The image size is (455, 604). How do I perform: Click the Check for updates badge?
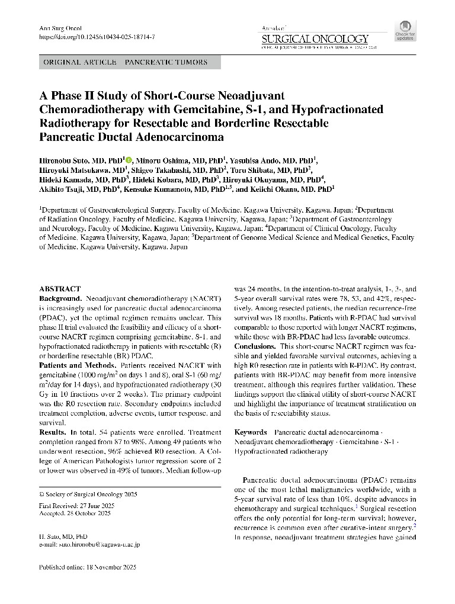(x=405, y=31)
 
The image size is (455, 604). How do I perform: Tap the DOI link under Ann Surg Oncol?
(x=97, y=37)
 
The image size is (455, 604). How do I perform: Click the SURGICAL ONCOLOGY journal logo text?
(x=315, y=38)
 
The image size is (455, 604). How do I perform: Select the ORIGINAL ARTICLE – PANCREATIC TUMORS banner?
(x=130, y=62)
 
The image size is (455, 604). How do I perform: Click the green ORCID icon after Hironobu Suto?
(x=129, y=160)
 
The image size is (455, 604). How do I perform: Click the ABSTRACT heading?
(x=59, y=289)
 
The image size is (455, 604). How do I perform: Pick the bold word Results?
(x=52, y=433)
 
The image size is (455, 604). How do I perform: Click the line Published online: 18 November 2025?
(x=88, y=567)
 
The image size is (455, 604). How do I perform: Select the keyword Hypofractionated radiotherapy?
(x=281, y=451)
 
